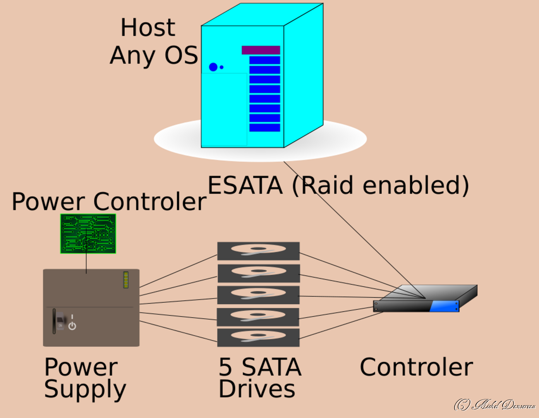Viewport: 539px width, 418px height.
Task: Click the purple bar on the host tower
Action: point(261,50)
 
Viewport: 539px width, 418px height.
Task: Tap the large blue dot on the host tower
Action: point(213,67)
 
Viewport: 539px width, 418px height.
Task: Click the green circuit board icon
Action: point(88,234)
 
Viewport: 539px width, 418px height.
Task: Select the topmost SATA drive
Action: point(258,251)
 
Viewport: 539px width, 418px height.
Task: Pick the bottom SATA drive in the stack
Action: point(258,337)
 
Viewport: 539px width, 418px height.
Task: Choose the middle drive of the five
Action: point(258,295)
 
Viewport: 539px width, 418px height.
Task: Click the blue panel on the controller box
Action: point(444,306)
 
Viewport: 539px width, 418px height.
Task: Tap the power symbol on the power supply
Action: point(72,326)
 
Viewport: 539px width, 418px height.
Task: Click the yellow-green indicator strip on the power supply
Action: point(126,280)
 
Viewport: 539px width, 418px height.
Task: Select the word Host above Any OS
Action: point(148,27)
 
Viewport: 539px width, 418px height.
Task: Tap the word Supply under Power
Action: point(85,389)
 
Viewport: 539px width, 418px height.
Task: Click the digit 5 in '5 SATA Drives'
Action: point(225,367)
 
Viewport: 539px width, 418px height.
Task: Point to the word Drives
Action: point(257,389)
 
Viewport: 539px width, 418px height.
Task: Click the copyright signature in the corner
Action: point(494,404)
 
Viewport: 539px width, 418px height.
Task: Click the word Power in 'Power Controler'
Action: point(48,202)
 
